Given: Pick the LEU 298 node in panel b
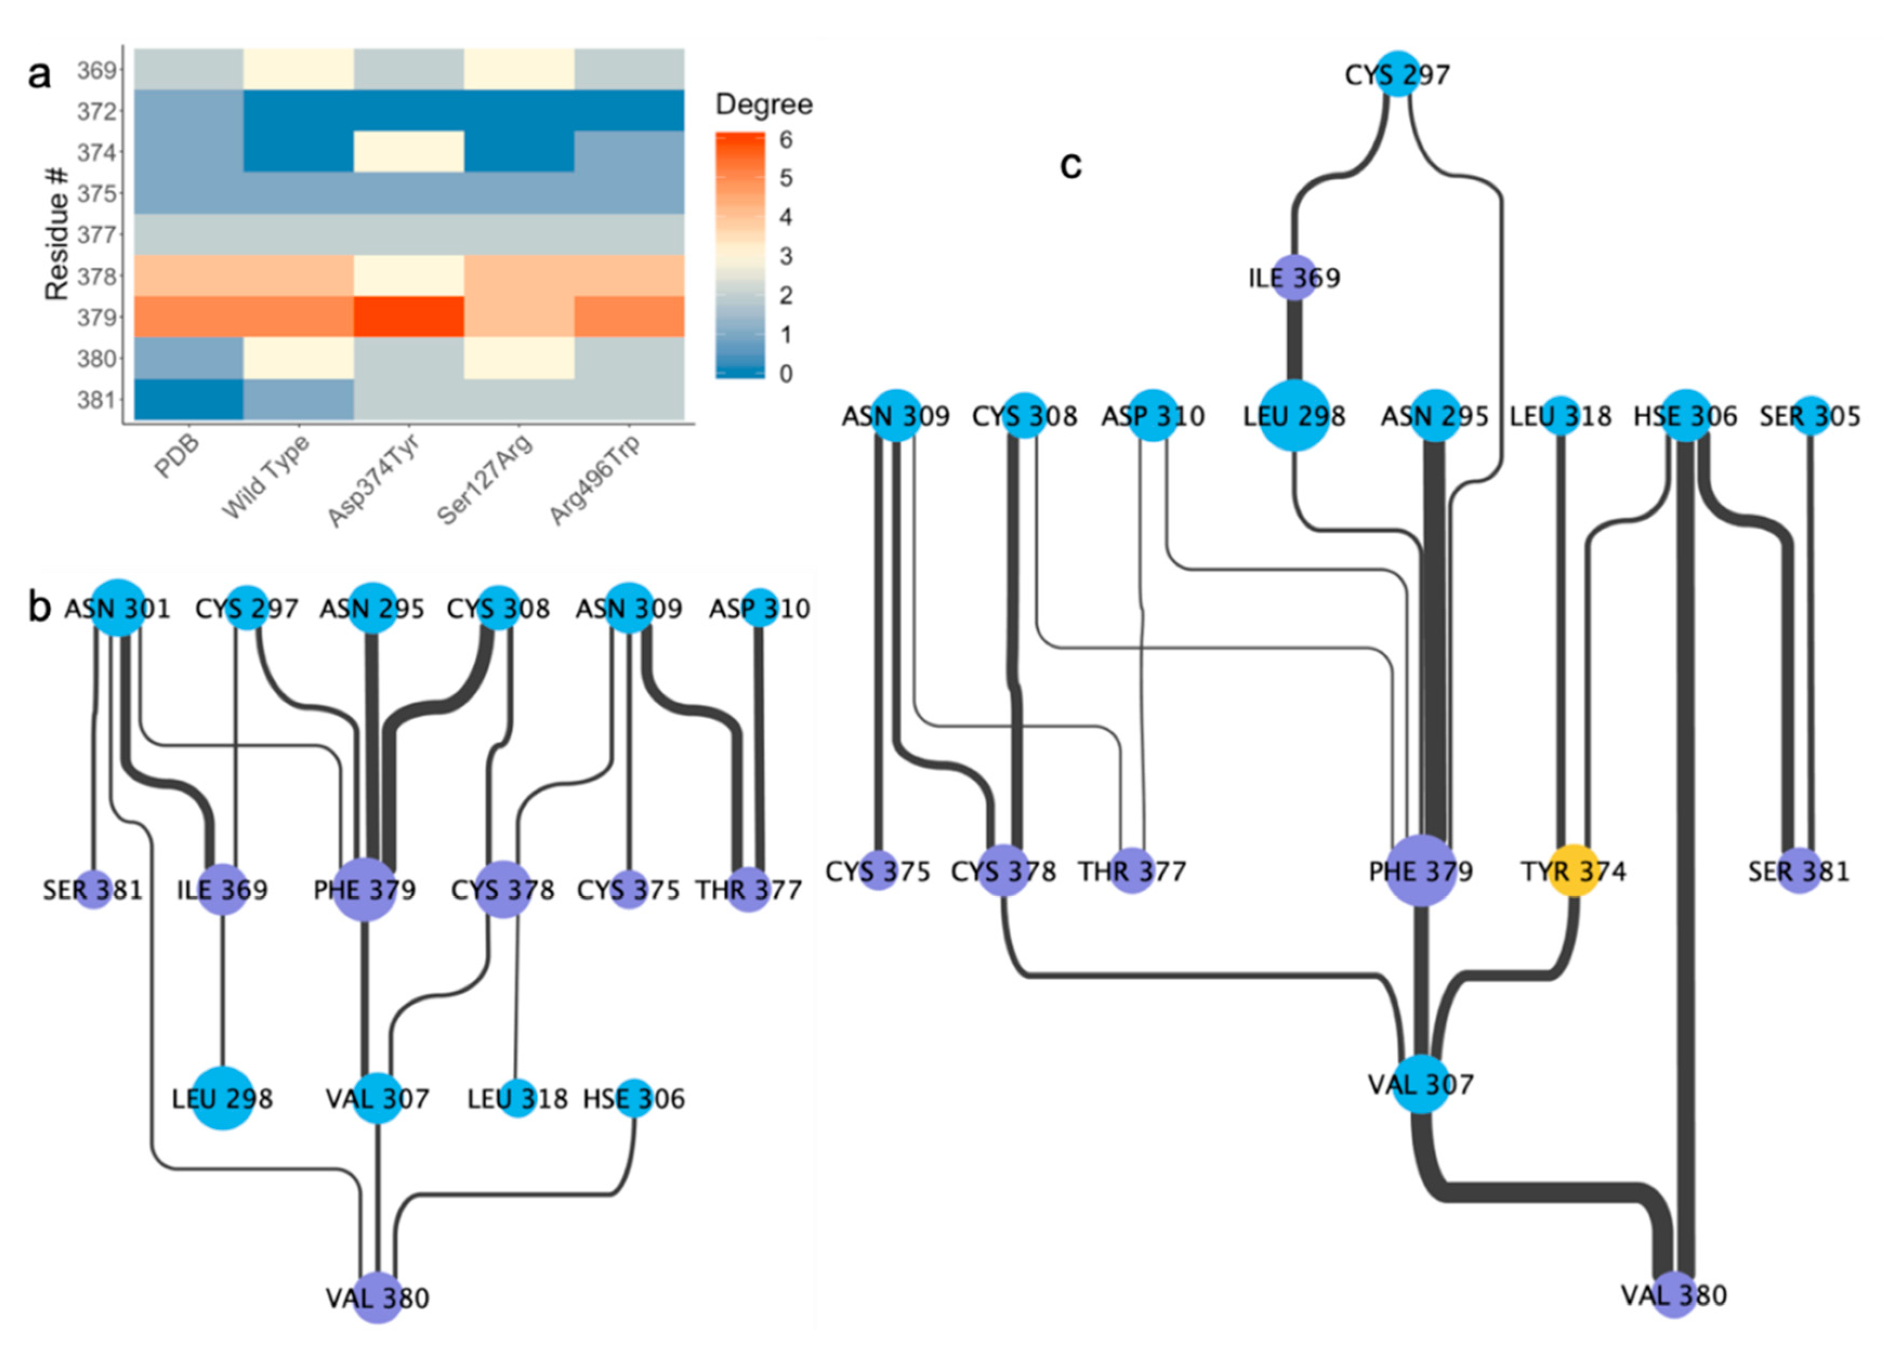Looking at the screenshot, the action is coord(222,1098).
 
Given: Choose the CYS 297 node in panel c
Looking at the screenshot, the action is coord(1398,75).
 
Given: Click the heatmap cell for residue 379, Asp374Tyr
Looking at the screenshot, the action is coord(409,317).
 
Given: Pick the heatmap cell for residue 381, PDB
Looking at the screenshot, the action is coord(189,399).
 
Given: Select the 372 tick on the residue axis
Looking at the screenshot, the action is coord(96,111).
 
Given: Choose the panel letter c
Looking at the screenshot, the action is coord(1071,166).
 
